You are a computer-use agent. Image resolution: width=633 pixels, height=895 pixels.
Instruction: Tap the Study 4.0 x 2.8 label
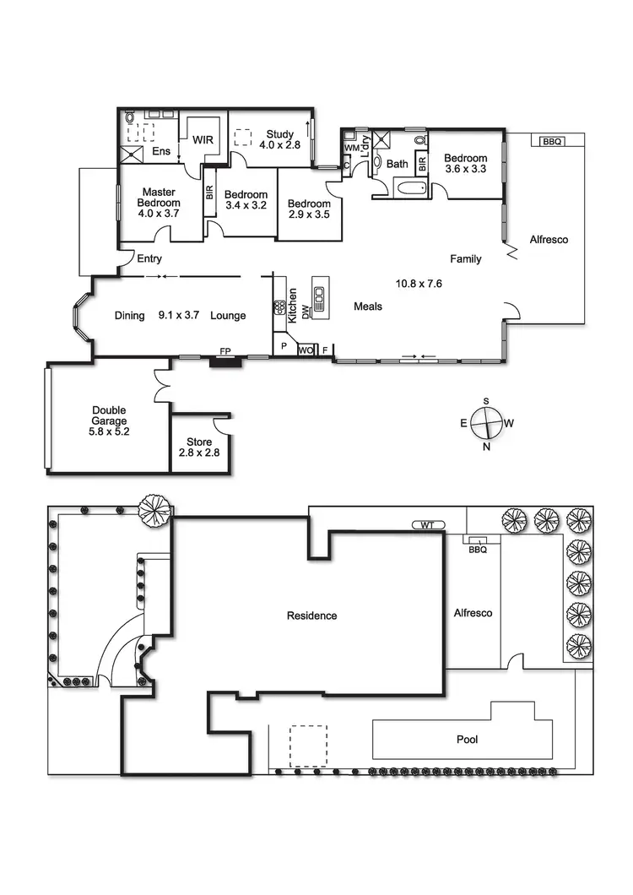point(280,139)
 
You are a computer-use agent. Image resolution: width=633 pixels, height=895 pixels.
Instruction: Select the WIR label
point(203,139)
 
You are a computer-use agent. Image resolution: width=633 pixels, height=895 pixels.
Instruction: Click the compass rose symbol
point(487,422)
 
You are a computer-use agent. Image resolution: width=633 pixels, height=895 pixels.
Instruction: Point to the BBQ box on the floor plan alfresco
point(550,141)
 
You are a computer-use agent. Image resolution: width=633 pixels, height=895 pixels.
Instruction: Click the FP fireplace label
point(225,350)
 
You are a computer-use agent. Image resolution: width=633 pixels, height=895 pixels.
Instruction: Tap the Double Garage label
point(110,420)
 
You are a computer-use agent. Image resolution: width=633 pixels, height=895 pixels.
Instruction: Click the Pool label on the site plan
point(467,740)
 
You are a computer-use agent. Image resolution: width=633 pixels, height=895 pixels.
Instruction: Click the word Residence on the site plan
point(311,616)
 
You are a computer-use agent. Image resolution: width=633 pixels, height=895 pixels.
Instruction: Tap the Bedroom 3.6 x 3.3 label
point(466,164)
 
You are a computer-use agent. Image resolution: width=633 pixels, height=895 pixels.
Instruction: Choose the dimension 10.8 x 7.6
point(419,284)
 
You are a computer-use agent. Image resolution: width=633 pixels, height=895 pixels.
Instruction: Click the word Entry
point(149,259)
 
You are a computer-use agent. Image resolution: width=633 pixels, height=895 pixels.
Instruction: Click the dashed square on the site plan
point(308,746)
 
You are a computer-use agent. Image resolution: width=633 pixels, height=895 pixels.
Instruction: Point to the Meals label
point(367,306)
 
